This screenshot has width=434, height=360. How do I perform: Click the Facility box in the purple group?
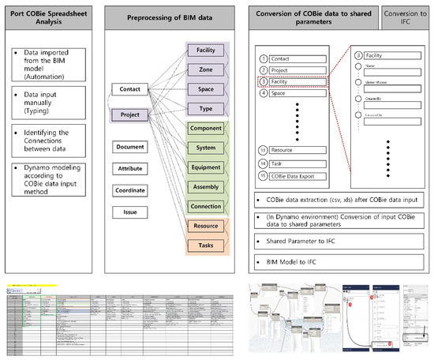tap(204, 51)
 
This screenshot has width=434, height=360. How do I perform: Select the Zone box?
tap(204, 70)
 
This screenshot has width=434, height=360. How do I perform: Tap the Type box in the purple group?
tap(204, 108)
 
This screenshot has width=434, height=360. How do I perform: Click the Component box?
tap(204, 128)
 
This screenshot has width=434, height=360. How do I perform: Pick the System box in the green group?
tap(204, 148)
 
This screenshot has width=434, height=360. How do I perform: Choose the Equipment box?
tap(204, 167)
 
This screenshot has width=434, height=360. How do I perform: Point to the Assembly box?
tap(204, 187)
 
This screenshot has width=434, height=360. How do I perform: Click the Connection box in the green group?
tap(204, 207)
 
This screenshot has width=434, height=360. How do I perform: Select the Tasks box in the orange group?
tap(204, 246)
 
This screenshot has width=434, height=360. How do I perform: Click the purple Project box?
tap(129, 115)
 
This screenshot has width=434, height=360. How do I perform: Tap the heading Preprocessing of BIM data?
tap(172, 17)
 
